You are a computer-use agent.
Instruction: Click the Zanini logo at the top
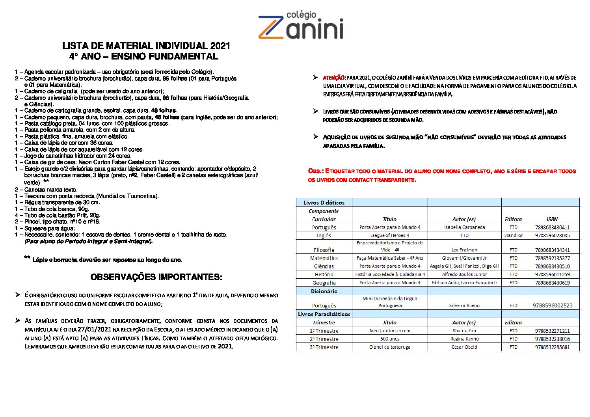[x=301, y=26]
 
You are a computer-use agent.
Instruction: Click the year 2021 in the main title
[x=220, y=46]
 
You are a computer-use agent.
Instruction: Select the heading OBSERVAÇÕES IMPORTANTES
[x=156, y=277]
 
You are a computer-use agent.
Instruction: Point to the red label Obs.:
[x=316, y=171]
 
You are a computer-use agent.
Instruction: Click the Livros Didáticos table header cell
[x=324, y=203]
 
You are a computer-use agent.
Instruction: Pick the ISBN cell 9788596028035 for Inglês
[x=553, y=236]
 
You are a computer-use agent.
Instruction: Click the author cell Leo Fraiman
[x=464, y=250]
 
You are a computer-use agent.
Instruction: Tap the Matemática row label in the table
[x=324, y=258]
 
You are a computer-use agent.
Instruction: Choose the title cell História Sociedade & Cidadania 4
[x=389, y=274]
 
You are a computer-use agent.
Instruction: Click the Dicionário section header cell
[x=324, y=291]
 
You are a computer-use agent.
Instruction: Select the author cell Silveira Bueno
[x=464, y=305]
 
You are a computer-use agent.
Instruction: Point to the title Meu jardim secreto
[x=389, y=331]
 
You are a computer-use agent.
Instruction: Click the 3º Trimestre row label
[x=324, y=347]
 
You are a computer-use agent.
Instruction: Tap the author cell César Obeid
[x=464, y=347]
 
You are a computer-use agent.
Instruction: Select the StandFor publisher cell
[x=513, y=236]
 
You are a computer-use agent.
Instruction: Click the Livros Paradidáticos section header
[x=324, y=314]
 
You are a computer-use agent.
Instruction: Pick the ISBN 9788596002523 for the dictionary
[x=553, y=305]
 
